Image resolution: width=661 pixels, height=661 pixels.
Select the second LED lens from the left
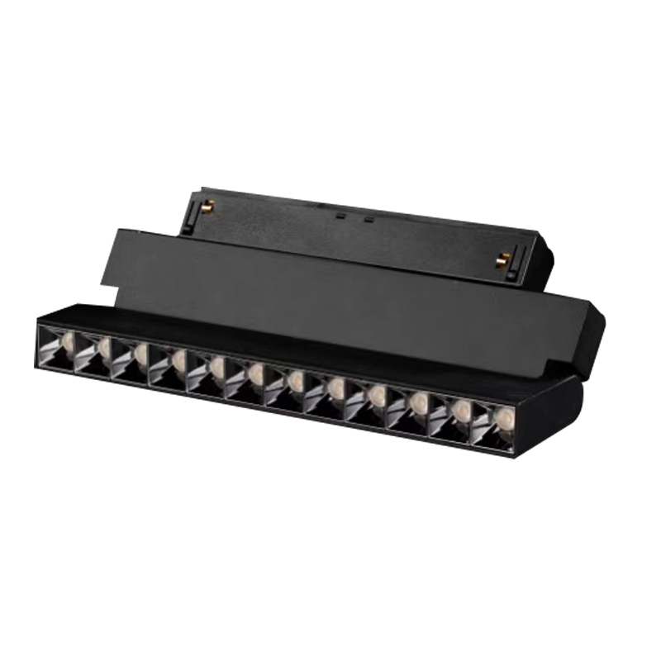105,348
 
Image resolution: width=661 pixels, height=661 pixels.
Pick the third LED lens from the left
141,354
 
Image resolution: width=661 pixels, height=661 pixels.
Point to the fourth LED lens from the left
179,360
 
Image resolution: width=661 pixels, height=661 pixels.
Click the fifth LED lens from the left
216,367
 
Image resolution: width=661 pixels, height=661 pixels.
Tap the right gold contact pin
501,261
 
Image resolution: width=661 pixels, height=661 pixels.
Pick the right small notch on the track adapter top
369,219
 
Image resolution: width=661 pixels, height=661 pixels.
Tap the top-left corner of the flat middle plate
117,229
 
